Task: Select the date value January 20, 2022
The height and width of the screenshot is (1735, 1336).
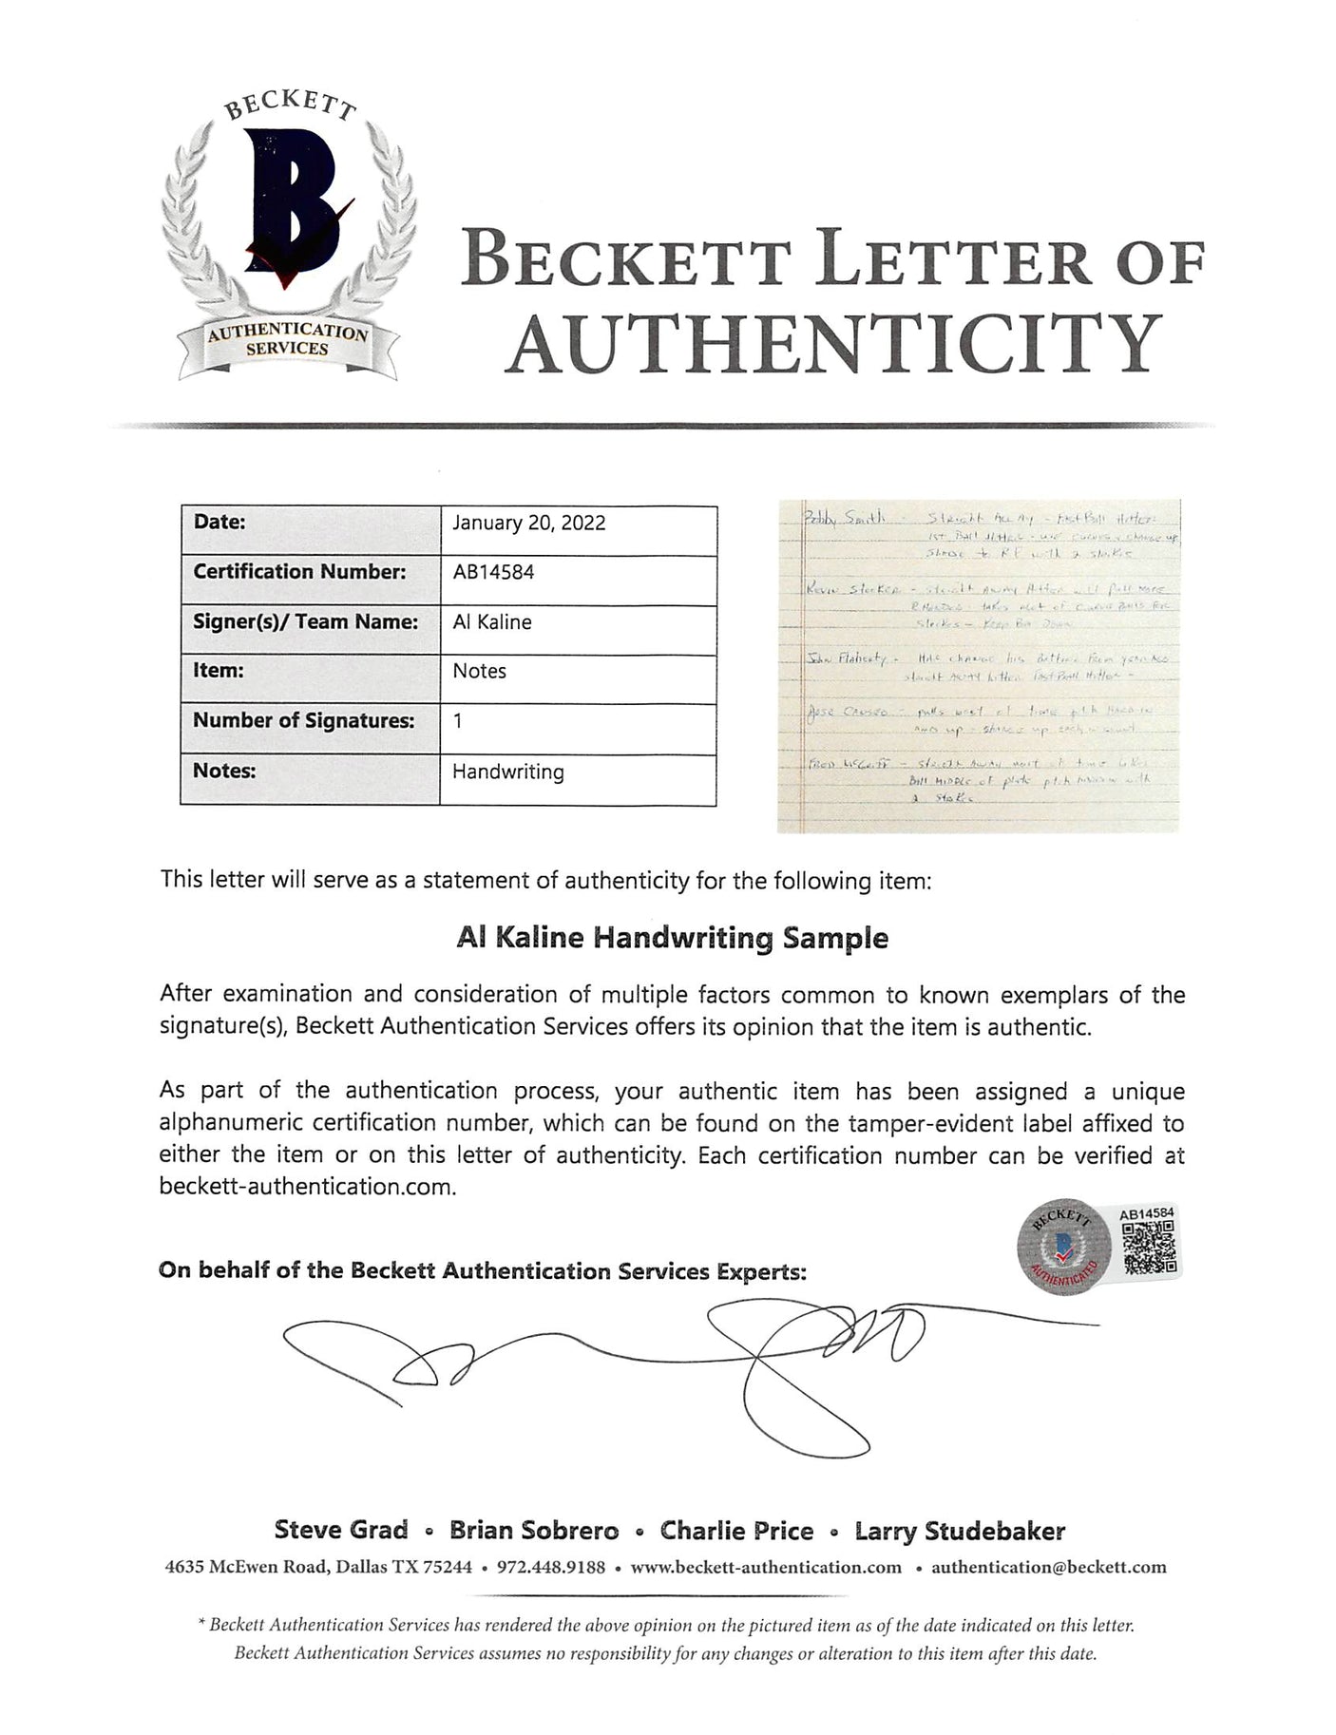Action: coord(528,524)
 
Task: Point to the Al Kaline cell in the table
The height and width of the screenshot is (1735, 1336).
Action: coord(491,622)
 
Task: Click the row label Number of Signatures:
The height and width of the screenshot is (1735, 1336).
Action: coord(303,721)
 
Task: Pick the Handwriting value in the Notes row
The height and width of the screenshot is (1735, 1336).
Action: coord(507,772)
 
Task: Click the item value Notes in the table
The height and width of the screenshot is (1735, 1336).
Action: coord(479,671)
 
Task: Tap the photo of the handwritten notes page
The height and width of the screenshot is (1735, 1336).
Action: coord(978,665)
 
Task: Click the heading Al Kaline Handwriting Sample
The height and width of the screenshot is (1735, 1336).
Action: coord(672,939)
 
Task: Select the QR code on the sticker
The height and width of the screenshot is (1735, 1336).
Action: coord(1149,1248)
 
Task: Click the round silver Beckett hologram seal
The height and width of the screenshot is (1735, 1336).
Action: coord(1063,1246)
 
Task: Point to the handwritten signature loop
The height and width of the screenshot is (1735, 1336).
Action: coord(808,1359)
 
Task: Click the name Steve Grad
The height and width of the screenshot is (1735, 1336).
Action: coord(341,1531)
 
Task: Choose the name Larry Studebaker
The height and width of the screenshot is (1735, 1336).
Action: coord(960,1532)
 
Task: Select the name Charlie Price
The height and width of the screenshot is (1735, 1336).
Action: coord(736,1532)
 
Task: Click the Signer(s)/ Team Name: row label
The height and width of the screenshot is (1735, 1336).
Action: coord(305,622)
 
